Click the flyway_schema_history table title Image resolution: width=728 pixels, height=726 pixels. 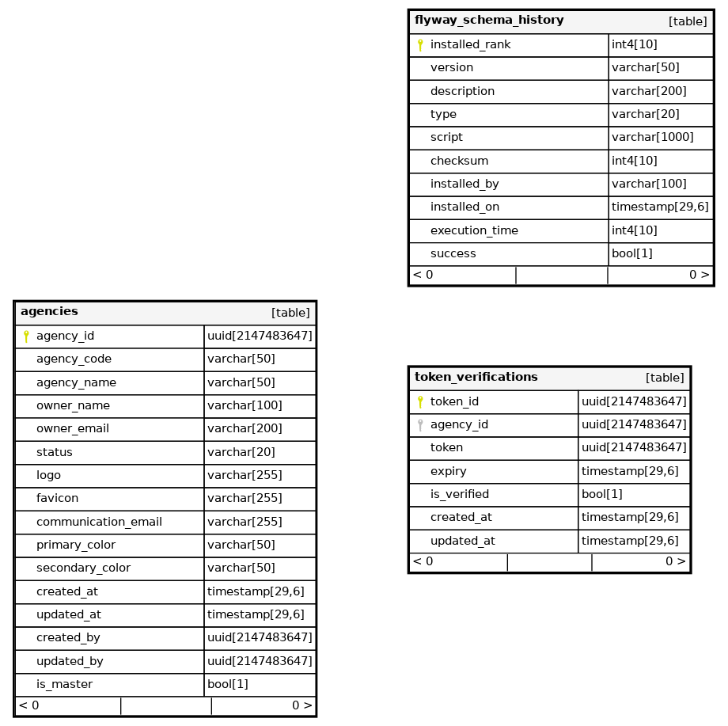(x=489, y=21)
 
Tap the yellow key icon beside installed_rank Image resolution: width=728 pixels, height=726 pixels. (x=420, y=45)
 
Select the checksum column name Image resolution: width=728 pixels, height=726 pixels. (x=459, y=161)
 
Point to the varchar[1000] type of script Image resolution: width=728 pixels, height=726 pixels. (x=652, y=137)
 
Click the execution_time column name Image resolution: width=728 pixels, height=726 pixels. (x=474, y=230)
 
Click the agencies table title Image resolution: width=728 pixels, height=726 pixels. (x=49, y=312)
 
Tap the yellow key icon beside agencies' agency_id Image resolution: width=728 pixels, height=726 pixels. (x=26, y=336)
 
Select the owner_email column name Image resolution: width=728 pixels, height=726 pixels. (x=73, y=428)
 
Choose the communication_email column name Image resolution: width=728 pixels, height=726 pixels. (x=99, y=522)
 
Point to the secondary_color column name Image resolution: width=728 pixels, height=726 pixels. (x=83, y=568)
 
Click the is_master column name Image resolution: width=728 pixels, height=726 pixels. (x=64, y=684)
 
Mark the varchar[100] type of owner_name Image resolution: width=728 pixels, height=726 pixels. (x=245, y=405)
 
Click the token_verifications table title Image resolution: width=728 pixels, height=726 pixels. (x=476, y=378)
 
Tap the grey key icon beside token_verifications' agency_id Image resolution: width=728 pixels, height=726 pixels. (x=420, y=425)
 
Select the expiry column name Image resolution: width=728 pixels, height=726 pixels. (x=448, y=471)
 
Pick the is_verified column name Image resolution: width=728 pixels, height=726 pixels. (x=459, y=494)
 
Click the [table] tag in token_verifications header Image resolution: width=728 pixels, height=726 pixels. (x=665, y=378)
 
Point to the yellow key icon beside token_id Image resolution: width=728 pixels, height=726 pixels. (x=420, y=402)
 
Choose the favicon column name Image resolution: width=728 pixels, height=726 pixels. (x=57, y=498)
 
